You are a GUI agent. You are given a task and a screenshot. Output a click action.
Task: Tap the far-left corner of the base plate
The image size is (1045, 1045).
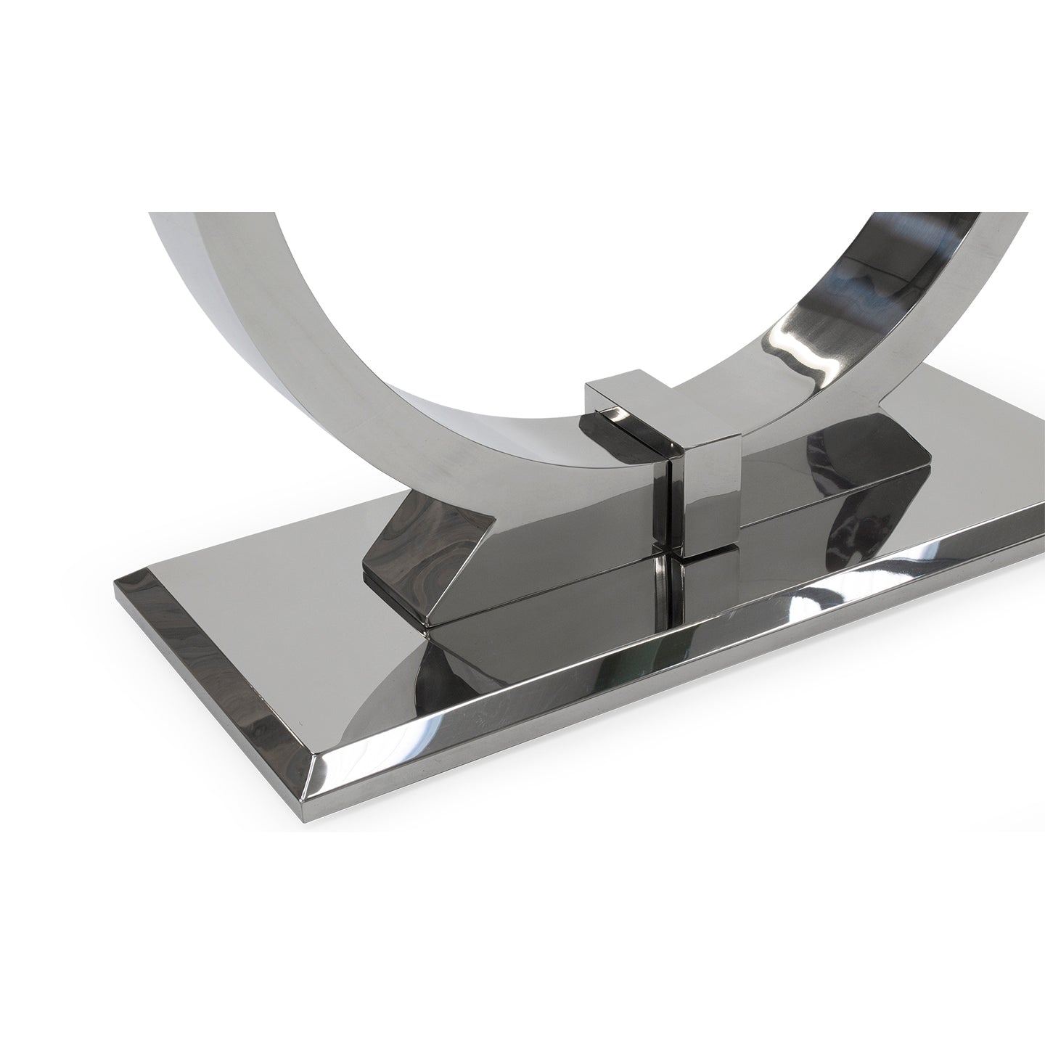coord(116,581)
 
